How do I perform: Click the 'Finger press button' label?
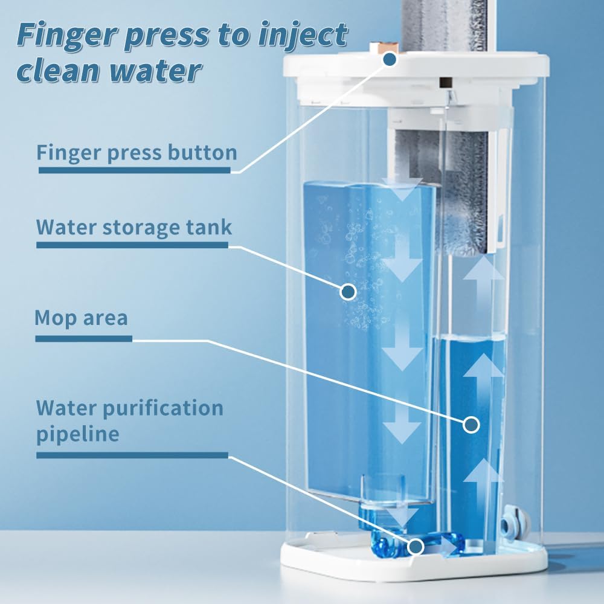(137, 153)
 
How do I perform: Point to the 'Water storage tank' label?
(134, 227)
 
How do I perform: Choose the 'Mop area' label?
(82, 318)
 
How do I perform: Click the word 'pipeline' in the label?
(78, 434)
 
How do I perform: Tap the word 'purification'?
(163, 408)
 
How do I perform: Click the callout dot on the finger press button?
(390, 59)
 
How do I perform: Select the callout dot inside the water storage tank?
(349, 292)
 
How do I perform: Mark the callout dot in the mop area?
(471, 425)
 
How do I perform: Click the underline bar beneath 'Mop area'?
(83, 339)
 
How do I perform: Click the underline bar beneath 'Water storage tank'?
(132, 245)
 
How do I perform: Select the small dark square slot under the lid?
(446, 82)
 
